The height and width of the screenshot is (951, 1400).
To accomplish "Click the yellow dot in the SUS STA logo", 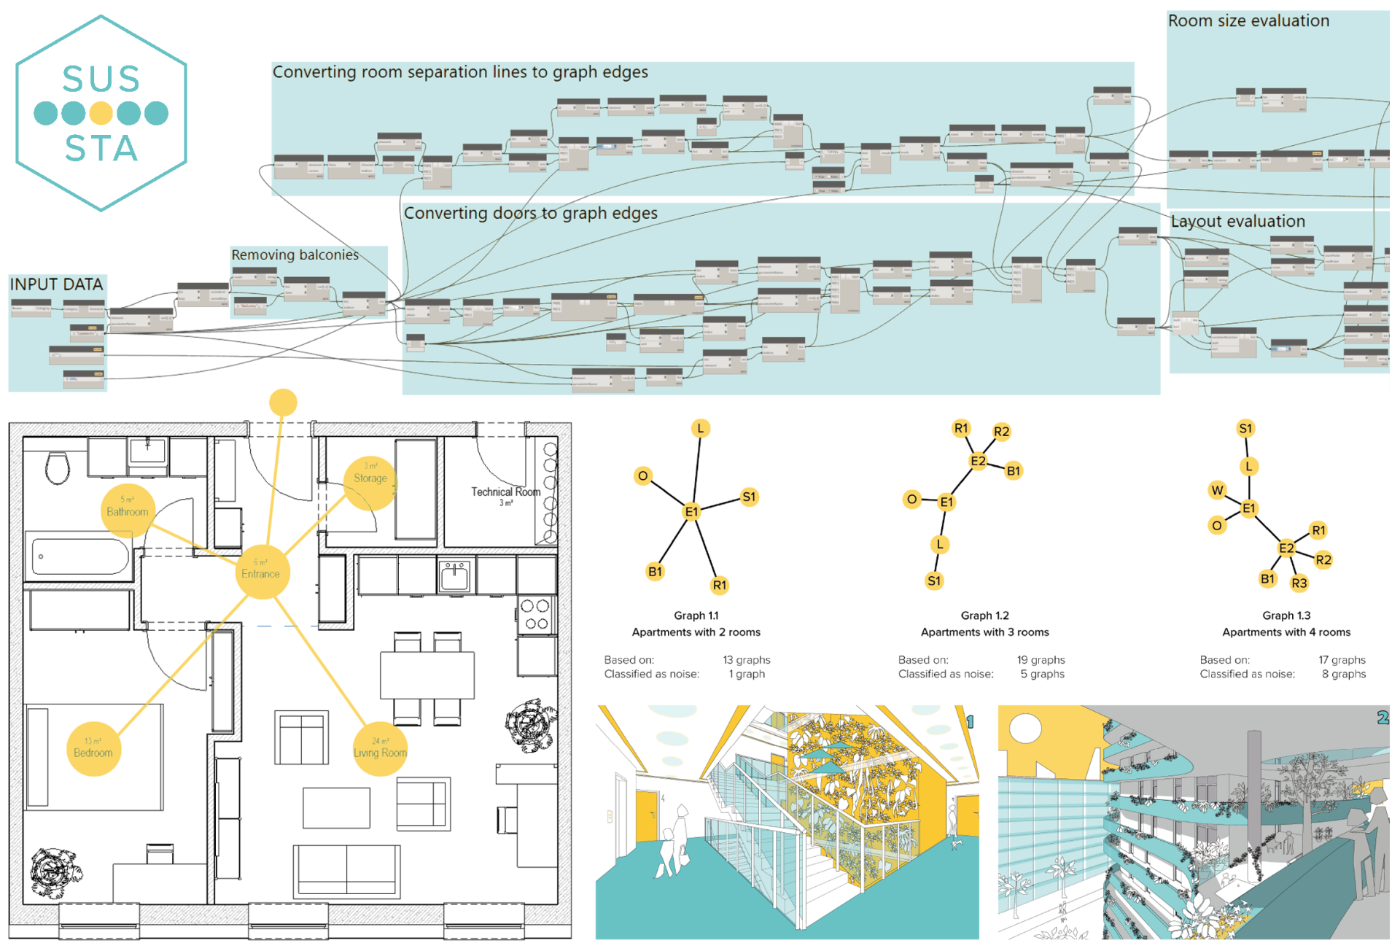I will [x=101, y=113].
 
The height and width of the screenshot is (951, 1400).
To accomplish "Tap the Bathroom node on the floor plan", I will [x=128, y=511].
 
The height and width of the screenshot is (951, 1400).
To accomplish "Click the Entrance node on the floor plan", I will [x=261, y=572].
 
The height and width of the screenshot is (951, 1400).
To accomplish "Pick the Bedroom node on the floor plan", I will [x=93, y=749].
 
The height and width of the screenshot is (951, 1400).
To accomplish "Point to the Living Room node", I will [x=380, y=749].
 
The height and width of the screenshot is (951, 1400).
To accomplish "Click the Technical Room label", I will [x=505, y=492].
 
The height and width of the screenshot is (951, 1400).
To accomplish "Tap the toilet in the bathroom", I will [x=57, y=467].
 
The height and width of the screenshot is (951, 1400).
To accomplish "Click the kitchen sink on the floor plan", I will [x=455, y=575].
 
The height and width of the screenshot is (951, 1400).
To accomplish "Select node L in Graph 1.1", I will [x=700, y=428].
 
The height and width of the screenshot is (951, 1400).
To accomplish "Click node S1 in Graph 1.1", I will [x=749, y=497].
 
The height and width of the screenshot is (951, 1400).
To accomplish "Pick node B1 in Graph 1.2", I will [x=1013, y=470].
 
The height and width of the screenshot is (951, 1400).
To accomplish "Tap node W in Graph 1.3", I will [x=1217, y=490].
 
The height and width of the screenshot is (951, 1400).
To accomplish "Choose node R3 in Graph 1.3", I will [x=1299, y=583].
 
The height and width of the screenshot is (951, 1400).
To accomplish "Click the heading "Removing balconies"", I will [x=295, y=255].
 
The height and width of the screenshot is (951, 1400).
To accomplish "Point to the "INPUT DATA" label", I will [x=56, y=284].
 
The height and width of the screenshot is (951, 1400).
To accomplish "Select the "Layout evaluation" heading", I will [x=1237, y=221].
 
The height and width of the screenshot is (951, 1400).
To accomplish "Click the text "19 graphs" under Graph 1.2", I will [x=1041, y=660].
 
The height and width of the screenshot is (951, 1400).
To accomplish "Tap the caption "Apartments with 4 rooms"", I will [x=1286, y=632].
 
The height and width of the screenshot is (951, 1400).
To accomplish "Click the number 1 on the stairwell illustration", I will [x=971, y=721].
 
